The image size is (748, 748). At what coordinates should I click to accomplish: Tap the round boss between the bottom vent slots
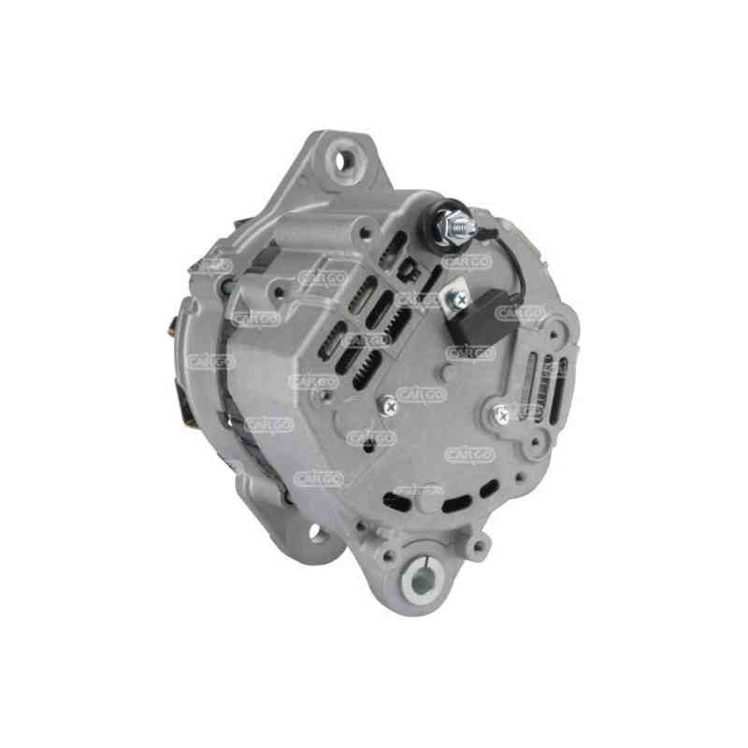coord(430,496)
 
